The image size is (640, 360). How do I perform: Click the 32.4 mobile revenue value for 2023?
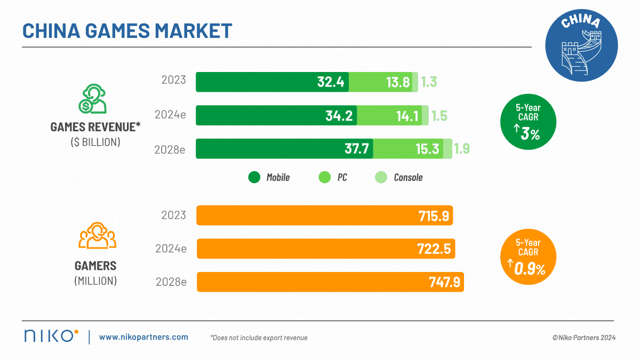click(x=331, y=82)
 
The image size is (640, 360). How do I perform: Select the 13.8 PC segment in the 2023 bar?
click(x=398, y=82)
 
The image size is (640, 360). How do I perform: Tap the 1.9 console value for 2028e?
click(x=462, y=149)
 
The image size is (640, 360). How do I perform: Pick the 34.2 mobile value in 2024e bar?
click(x=339, y=116)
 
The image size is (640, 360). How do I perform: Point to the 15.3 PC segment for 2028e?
click(x=428, y=149)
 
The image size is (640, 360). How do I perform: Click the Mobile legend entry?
click(x=270, y=178)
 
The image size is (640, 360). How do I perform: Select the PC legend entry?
click(x=333, y=178)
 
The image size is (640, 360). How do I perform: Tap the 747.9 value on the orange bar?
click(x=444, y=282)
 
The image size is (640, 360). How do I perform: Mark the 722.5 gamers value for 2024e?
click(x=436, y=249)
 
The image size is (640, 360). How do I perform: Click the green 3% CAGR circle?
click(x=528, y=123)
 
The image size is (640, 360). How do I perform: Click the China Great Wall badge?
click(x=581, y=45)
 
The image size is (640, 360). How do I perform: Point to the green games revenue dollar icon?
click(x=92, y=99)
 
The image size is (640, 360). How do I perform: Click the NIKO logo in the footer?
click(x=51, y=336)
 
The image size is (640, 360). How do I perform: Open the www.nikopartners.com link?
click(x=143, y=337)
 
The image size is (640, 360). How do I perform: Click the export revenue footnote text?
click(x=259, y=338)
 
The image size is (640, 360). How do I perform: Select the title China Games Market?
click(x=127, y=30)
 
